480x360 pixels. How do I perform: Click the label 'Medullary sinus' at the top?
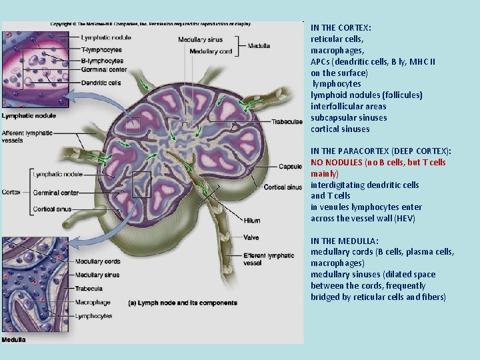[201, 40]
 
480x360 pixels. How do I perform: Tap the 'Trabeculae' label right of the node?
[287, 122]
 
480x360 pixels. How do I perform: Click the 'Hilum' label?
[251, 221]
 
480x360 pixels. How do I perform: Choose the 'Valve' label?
[251, 237]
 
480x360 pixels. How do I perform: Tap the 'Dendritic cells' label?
[101, 83]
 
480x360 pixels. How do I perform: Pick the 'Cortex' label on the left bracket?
[11, 192]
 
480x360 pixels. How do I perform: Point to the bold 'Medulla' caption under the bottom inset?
[13, 339]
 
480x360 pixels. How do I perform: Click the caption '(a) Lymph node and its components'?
[183, 303]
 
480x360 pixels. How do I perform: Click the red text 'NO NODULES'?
[337, 162]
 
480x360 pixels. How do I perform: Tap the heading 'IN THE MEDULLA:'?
[345, 241]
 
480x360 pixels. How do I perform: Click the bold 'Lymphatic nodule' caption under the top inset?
[29, 116]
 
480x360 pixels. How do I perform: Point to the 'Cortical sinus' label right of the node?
[283, 187]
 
